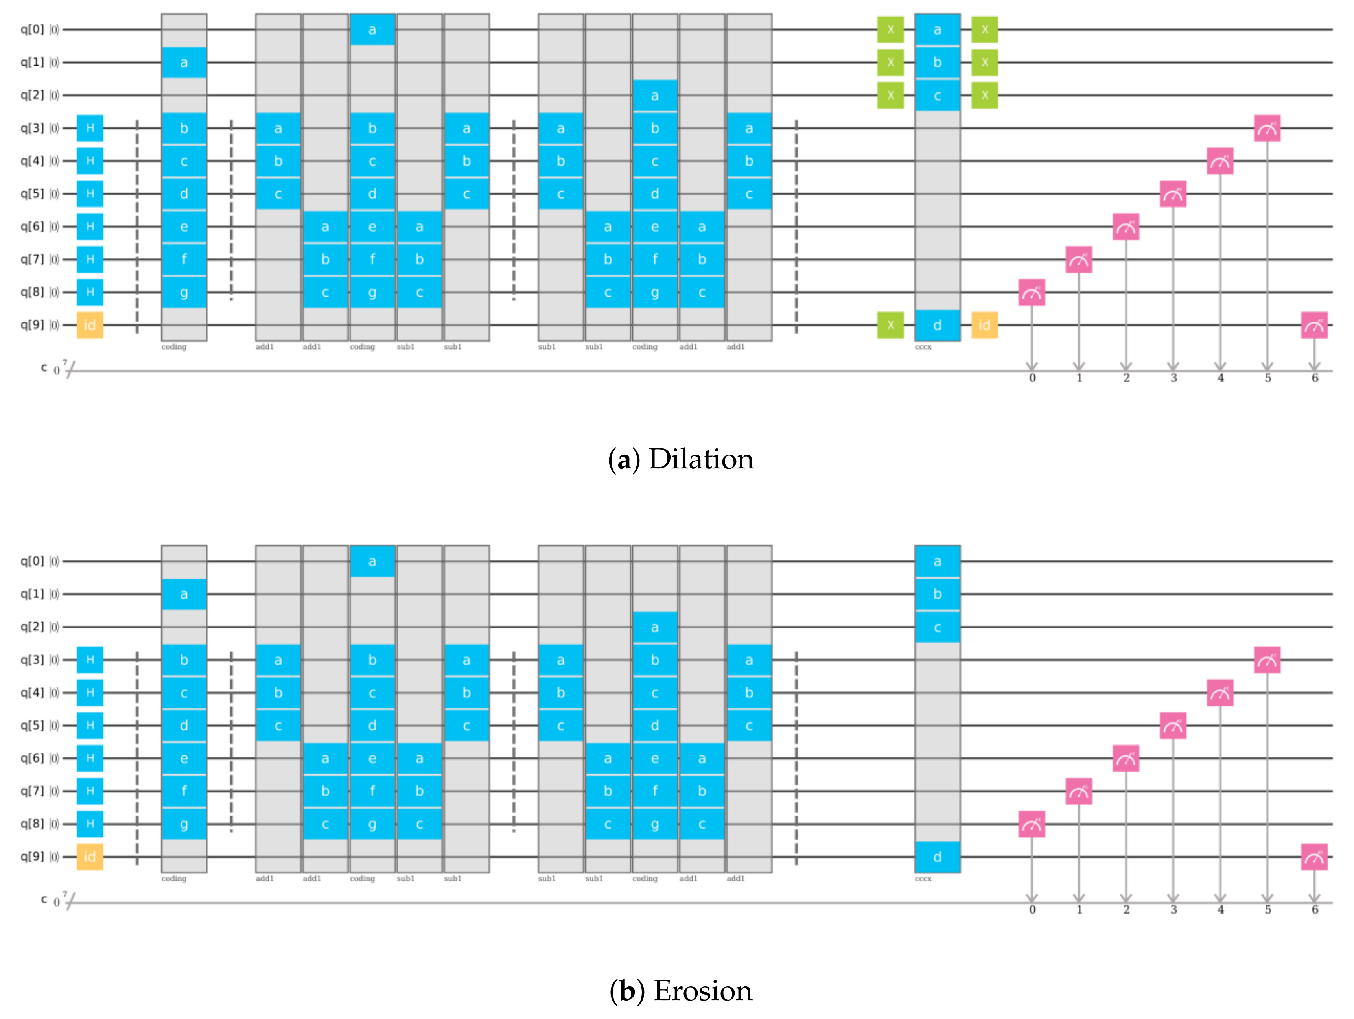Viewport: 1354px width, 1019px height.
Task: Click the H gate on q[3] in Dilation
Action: click(x=90, y=128)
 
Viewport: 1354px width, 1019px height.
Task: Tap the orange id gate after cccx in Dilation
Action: click(x=984, y=325)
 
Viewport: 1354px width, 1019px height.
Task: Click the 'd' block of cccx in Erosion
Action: click(x=937, y=857)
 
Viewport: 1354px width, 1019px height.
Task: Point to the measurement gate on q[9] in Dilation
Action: click(x=1314, y=325)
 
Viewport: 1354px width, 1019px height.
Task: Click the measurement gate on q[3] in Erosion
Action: click(x=1267, y=660)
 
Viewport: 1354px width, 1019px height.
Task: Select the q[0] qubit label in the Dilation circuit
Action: click(x=32, y=29)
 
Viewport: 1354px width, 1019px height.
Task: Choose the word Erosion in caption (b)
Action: click(x=703, y=990)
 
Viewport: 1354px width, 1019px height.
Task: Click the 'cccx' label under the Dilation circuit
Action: click(x=923, y=347)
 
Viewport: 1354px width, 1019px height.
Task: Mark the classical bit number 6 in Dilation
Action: click(x=1314, y=378)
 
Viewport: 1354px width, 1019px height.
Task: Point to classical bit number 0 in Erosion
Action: click(x=1032, y=910)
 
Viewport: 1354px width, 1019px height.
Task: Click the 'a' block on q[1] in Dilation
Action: click(x=184, y=63)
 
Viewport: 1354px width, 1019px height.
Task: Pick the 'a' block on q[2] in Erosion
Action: click(x=655, y=627)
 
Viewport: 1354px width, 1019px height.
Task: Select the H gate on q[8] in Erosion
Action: click(x=90, y=824)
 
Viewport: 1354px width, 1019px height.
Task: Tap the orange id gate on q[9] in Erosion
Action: click(x=90, y=857)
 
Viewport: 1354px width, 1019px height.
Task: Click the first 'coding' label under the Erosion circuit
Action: click(x=174, y=879)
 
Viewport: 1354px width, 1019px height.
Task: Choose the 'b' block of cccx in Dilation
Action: click(x=937, y=63)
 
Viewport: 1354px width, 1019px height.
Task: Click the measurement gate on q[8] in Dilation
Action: click(x=1032, y=293)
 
